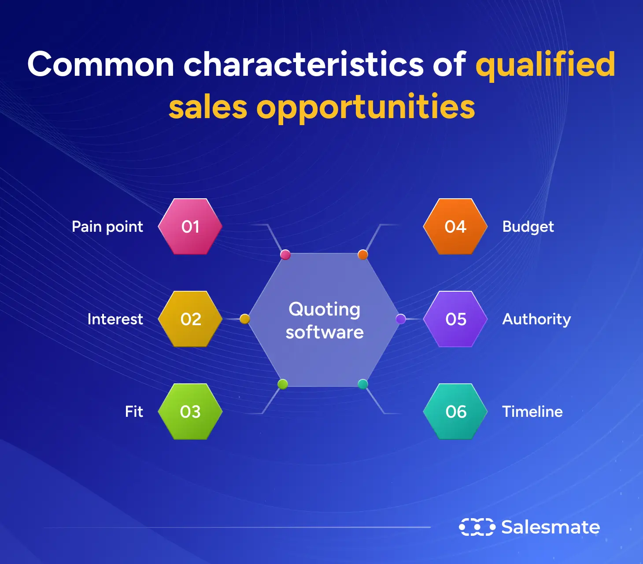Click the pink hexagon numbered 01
[x=190, y=226]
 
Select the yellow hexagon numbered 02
[x=190, y=319]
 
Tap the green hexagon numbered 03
[x=190, y=412]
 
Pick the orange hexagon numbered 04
[x=455, y=226]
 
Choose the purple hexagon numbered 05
[x=455, y=319]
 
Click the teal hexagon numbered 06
[x=455, y=412]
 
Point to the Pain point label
[x=107, y=227]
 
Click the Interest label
[x=115, y=319]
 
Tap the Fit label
[x=134, y=412]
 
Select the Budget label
[x=528, y=227]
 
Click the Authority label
[x=536, y=319]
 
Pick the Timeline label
[x=532, y=412]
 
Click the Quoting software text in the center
[x=325, y=320]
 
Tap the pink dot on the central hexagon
[x=285, y=254]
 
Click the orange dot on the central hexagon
[x=363, y=254]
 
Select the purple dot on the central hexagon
[x=401, y=319]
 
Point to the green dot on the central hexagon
[x=283, y=384]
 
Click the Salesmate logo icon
[x=477, y=527]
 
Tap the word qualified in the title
[x=545, y=65]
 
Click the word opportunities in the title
[x=366, y=107]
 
